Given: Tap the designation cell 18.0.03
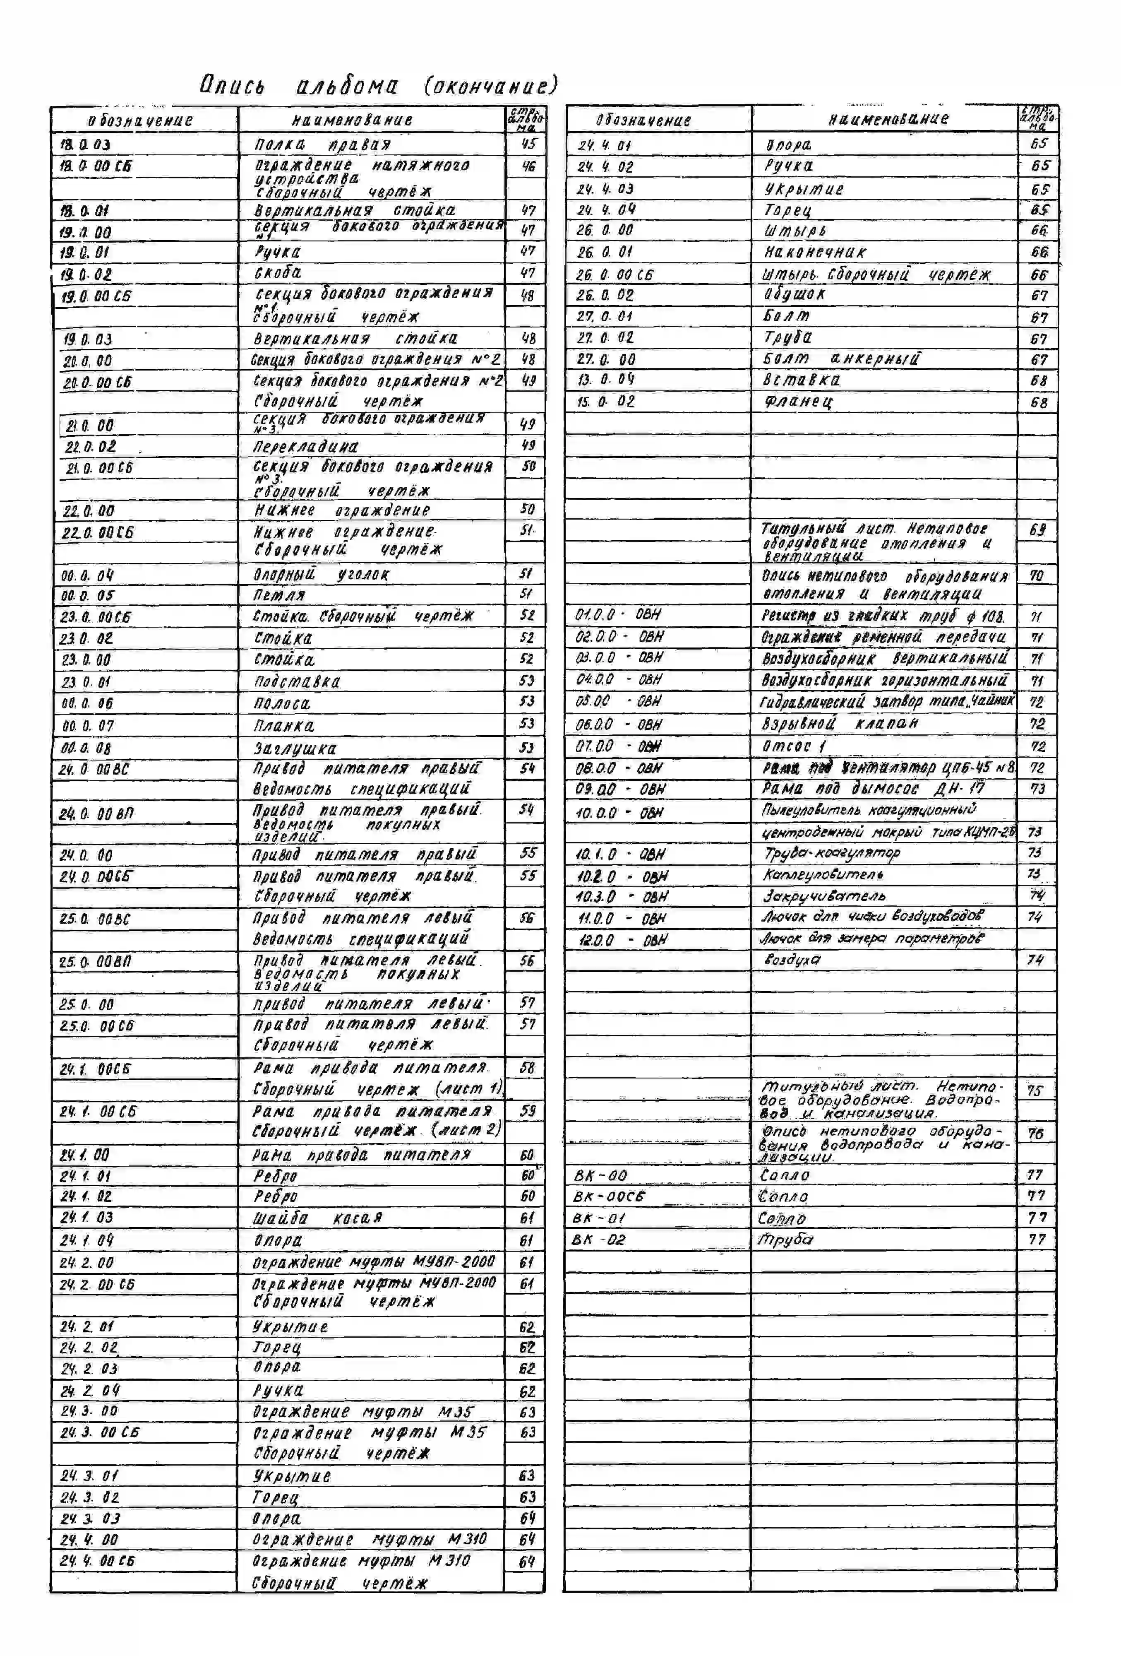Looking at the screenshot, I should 86,144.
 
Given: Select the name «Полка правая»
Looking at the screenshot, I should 323,144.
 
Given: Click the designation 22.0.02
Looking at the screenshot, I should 91,447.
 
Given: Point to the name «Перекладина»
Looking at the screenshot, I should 306,447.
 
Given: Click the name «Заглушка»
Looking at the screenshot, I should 295,748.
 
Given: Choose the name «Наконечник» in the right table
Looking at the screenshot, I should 815,252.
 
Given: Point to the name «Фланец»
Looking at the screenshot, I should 798,402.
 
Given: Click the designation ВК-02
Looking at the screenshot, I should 598,1240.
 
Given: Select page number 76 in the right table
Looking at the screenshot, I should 1035,1133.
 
